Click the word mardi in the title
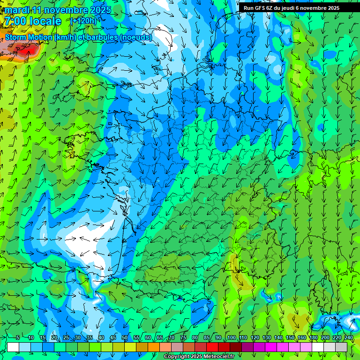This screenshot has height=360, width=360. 18,10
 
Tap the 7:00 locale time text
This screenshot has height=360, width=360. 32,21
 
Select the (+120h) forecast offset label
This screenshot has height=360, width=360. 83,21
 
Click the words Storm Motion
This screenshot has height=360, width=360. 29,37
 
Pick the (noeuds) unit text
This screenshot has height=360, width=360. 136,37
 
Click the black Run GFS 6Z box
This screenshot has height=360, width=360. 299,7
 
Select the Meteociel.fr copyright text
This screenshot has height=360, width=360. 199,357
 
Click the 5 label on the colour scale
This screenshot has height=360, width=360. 17,338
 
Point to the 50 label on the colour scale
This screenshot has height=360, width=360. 125,338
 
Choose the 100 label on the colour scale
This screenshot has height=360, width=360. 232,338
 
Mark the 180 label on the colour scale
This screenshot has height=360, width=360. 313,338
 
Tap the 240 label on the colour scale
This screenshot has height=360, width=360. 348,338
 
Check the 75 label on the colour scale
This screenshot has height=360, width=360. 183,338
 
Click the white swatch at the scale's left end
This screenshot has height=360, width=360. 13,347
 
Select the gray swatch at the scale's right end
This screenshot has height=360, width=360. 341,347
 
